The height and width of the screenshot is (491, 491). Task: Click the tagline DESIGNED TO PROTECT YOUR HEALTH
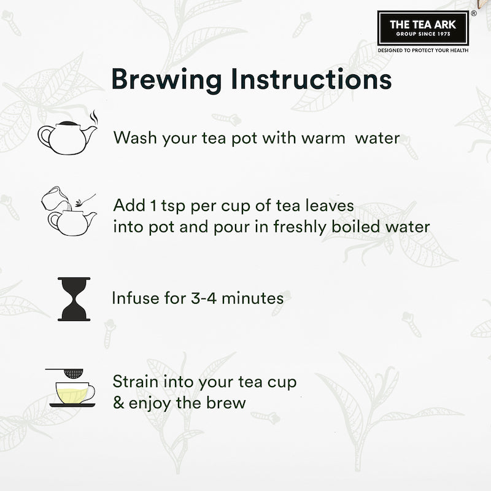[422, 50]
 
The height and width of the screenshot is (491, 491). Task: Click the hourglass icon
[74, 299]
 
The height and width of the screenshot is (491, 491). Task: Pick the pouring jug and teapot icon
[68, 212]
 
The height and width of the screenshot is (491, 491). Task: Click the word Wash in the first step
[136, 137]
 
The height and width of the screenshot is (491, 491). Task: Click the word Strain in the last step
[134, 381]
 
